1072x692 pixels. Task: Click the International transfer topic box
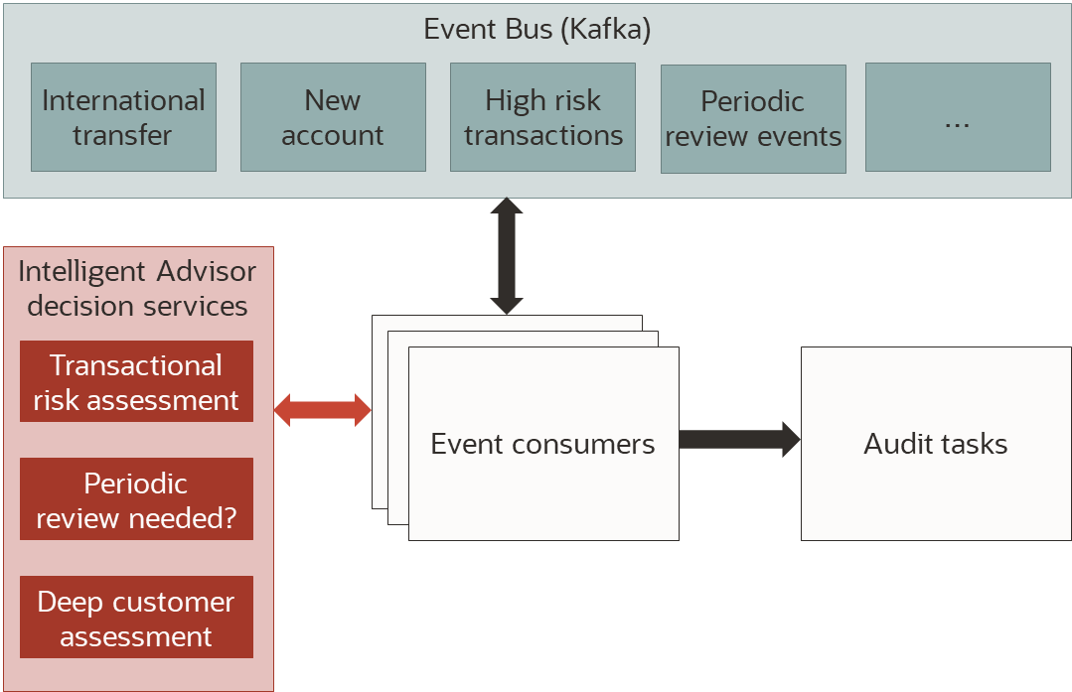[x=123, y=117]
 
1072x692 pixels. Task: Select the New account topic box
[x=333, y=117]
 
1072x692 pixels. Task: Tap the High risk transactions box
[x=542, y=117]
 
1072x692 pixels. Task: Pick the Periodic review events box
[x=753, y=119]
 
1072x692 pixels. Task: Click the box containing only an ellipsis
[x=958, y=117]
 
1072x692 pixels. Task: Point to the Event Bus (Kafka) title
[x=536, y=29]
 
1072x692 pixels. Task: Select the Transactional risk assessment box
[x=136, y=382]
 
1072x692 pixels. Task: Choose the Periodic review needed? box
[x=136, y=499]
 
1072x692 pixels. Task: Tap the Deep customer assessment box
[x=136, y=618]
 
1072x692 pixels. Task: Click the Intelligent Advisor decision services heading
[x=137, y=288]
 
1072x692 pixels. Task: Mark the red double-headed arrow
[x=322, y=410]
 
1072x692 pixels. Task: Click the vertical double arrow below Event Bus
[x=507, y=256]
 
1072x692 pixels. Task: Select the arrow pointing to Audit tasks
[x=740, y=439]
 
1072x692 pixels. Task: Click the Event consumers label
[x=542, y=444]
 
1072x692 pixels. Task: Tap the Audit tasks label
[x=936, y=444]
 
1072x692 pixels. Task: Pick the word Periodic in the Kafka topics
[x=752, y=101]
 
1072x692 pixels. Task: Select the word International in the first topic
[x=123, y=100]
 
